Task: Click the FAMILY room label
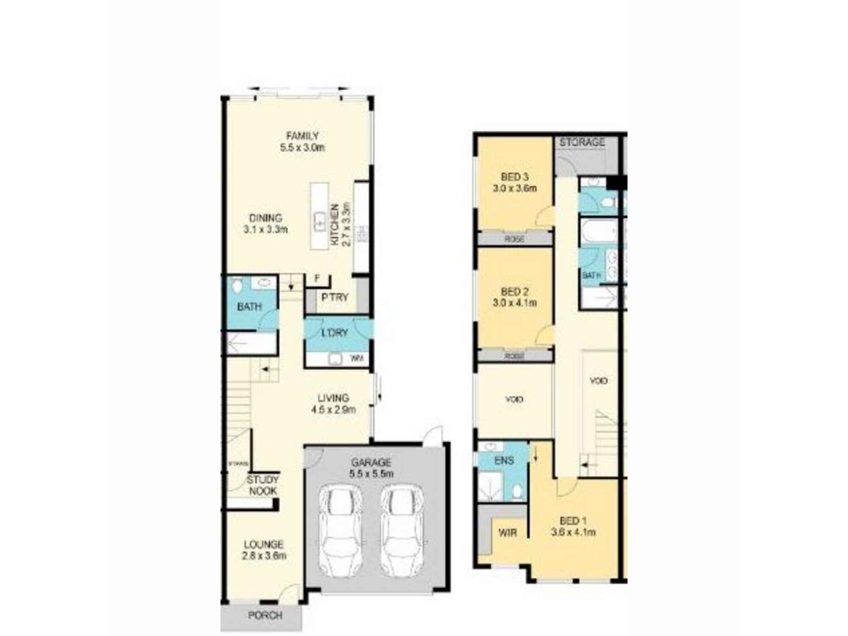click(x=302, y=136)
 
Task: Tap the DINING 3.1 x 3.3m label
click(x=265, y=224)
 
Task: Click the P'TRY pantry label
click(x=335, y=298)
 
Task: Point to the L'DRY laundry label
click(x=335, y=333)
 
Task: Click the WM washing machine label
click(x=357, y=359)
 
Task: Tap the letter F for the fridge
click(x=317, y=279)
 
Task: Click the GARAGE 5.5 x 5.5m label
click(x=371, y=468)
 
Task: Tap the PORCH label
click(x=265, y=615)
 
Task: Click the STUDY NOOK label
click(x=263, y=485)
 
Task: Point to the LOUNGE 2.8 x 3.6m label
click(x=264, y=550)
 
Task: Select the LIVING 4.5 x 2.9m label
click(x=333, y=404)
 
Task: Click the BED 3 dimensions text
click(x=515, y=188)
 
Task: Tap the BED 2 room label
click(x=515, y=292)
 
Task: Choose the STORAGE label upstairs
click(x=582, y=142)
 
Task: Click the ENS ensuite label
click(x=504, y=460)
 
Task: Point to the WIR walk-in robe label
click(x=508, y=533)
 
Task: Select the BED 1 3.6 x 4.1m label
click(x=573, y=526)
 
